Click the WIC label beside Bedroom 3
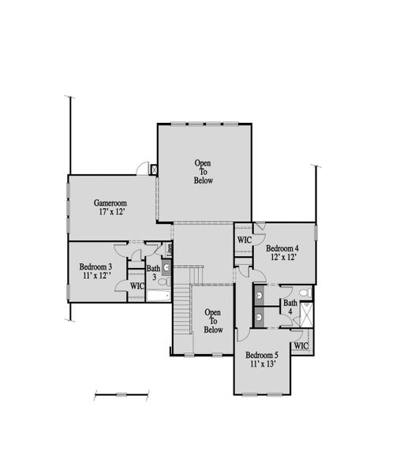[136, 285]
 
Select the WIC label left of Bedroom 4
[243, 240]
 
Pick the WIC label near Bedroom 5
[301, 345]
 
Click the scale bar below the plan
[121, 393]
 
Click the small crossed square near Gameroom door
[154, 169]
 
